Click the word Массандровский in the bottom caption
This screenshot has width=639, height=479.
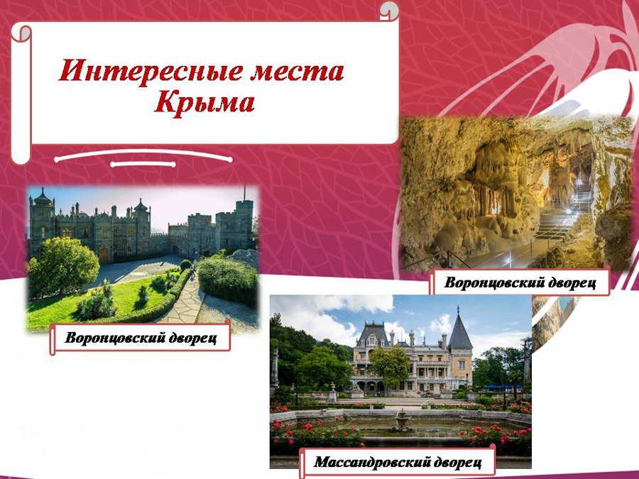373,462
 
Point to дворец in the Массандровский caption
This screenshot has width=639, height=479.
458,462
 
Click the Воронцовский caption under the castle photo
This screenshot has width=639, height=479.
141,338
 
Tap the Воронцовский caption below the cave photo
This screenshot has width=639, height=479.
520,282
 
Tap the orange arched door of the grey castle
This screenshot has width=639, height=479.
104,255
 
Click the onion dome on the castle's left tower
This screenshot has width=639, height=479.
43,198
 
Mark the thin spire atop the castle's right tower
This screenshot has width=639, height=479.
244,192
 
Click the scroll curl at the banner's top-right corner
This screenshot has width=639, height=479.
389,11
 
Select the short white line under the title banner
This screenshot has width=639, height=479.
143,164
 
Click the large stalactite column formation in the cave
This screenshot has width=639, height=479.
498,180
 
